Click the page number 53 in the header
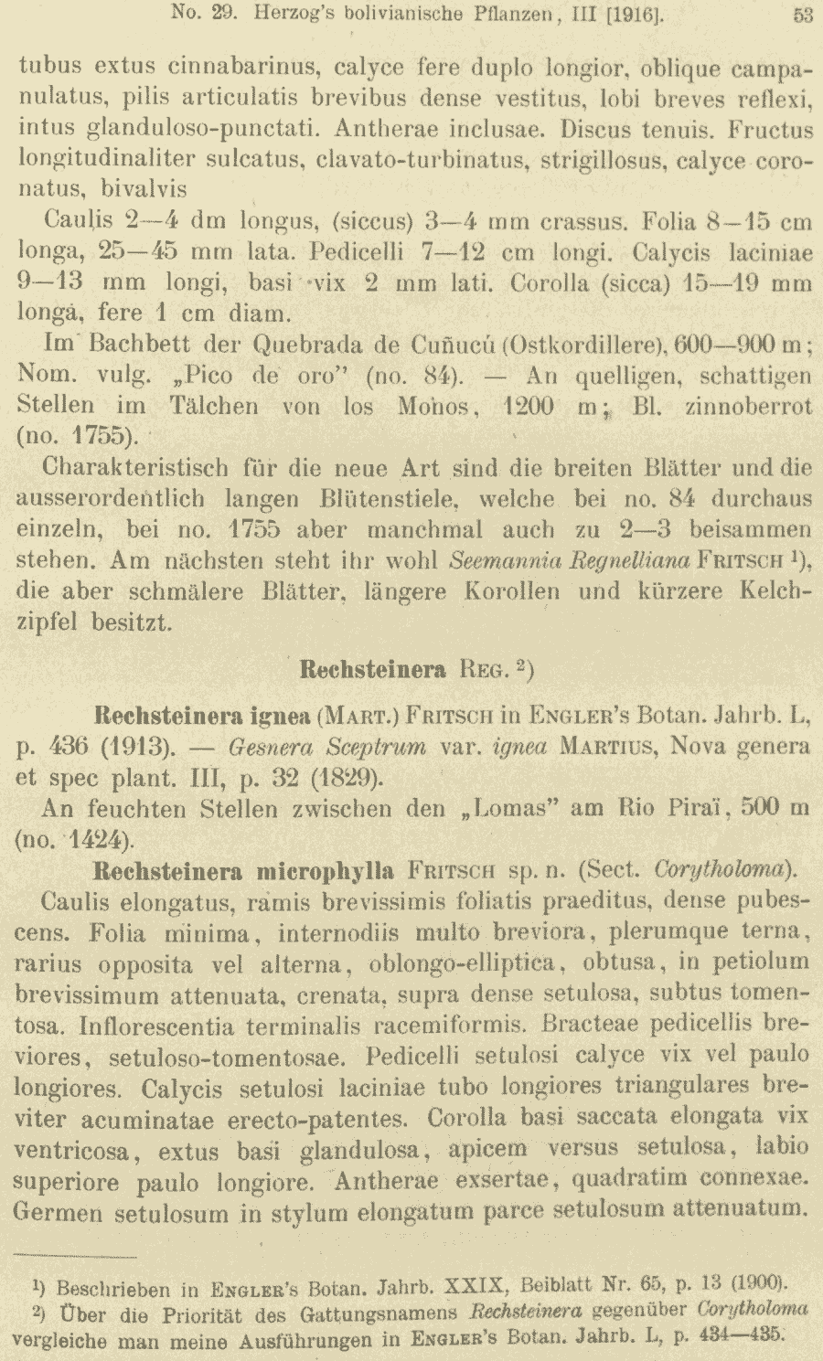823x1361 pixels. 803,15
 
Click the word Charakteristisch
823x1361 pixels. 136,468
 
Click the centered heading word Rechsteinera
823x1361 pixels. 373,669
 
